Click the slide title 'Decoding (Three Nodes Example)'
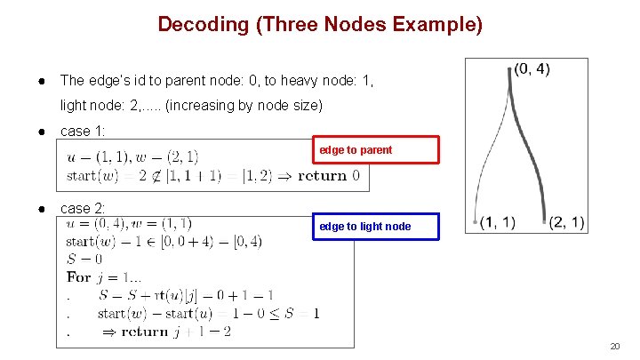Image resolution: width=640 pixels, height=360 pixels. coord(320,24)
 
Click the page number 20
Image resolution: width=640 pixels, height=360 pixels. coord(614,346)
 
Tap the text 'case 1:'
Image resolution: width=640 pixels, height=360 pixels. coord(83,132)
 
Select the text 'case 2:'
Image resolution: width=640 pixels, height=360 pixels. coord(83,209)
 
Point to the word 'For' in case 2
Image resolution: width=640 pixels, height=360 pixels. coord(79,276)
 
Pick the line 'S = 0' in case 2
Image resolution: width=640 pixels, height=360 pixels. coord(84,259)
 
